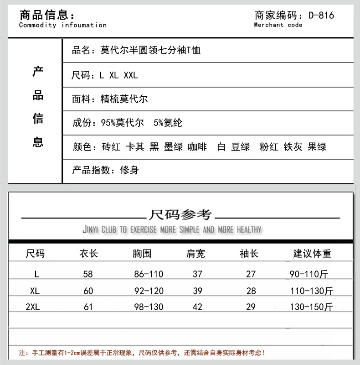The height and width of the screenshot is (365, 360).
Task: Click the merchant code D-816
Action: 321,15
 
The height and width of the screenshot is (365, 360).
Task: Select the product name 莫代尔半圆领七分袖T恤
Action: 150,50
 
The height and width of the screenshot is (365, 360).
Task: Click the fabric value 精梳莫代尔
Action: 124,99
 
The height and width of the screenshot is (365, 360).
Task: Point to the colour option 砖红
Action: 111,147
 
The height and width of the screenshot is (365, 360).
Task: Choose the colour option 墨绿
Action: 173,147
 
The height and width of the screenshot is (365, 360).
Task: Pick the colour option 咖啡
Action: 197,147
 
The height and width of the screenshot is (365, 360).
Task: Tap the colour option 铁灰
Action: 293,147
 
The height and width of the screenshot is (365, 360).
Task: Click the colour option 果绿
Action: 317,147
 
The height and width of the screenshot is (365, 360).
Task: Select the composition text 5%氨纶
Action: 168,123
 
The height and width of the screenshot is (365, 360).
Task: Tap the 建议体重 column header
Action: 312,254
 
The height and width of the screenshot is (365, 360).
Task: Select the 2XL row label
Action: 32,307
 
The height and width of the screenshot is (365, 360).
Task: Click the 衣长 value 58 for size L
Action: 88,274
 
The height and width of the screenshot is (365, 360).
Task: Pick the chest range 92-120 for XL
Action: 148,291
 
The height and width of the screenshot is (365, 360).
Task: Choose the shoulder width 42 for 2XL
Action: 197,307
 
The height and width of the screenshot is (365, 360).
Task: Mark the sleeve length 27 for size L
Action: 251,274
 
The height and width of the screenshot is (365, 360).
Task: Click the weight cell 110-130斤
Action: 312,291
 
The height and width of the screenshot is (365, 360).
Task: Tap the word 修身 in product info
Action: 129,171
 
